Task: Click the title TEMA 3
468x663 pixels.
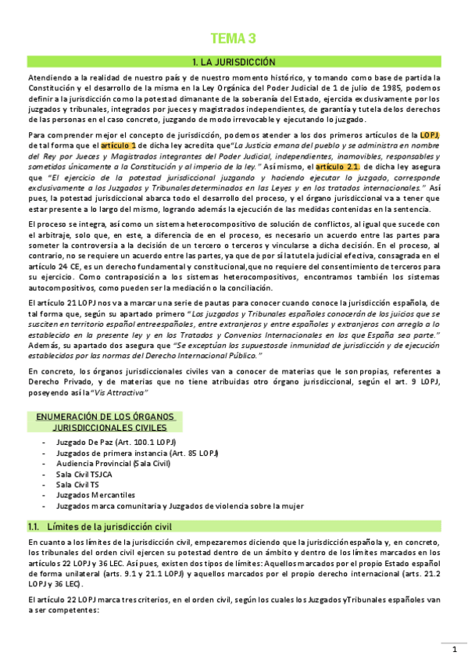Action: tap(234, 39)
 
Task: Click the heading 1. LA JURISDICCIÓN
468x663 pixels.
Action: tap(234, 62)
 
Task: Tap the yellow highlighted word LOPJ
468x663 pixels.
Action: tap(430, 134)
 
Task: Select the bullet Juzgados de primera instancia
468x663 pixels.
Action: tap(137, 453)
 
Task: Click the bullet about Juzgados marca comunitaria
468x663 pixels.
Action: tap(180, 506)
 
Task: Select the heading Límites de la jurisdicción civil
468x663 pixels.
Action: tap(109, 526)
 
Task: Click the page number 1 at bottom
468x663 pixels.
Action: tap(453, 650)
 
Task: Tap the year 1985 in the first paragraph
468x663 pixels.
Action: tap(388, 87)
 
